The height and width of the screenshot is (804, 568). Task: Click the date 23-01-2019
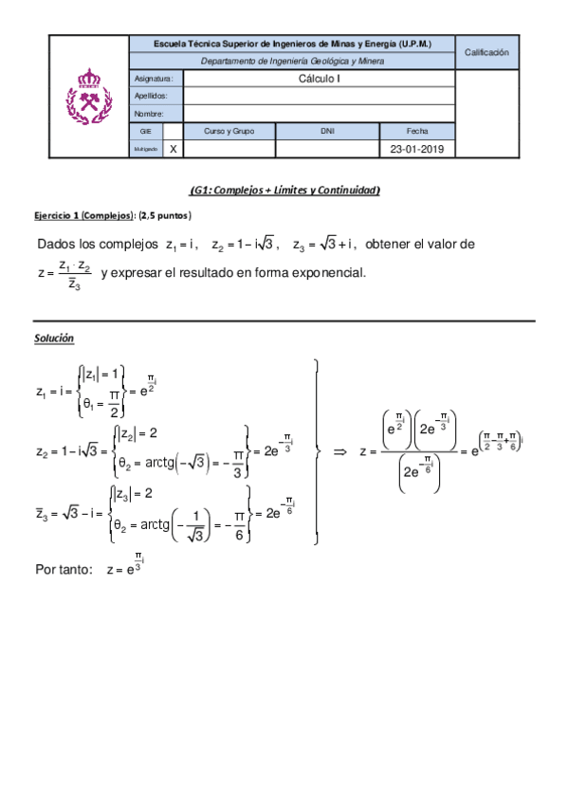coord(417,149)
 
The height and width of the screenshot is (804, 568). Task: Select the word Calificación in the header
coord(487,53)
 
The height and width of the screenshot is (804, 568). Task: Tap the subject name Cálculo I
coord(319,80)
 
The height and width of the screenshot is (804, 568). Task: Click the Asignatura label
coord(152,80)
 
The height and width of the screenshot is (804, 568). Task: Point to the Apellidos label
coord(152,97)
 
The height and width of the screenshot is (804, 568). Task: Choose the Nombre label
coord(149,114)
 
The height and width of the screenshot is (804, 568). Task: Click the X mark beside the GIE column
coord(173,149)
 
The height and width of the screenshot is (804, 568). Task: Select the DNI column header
coord(327,131)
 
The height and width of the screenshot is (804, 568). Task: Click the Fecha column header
coord(417,131)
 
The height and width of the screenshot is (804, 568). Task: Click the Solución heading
coord(54,338)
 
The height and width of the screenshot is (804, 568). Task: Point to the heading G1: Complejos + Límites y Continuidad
coord(284,191)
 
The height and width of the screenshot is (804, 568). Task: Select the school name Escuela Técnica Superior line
coord(292,44)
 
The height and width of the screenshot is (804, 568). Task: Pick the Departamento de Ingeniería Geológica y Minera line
coord(292,62)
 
